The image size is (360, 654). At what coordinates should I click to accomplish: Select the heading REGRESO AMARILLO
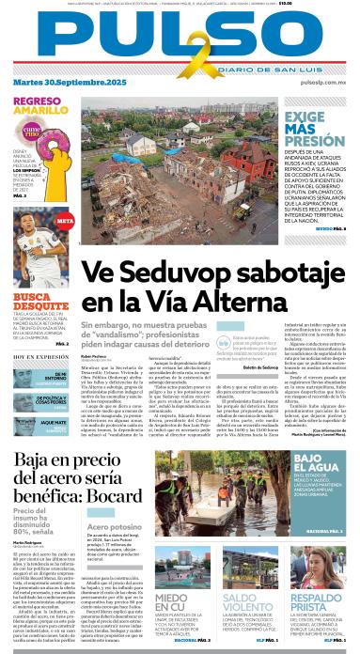[38, 106]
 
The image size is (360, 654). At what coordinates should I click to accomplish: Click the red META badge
[65, 220]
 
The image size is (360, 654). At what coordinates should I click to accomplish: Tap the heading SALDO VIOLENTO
[250, 577]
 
